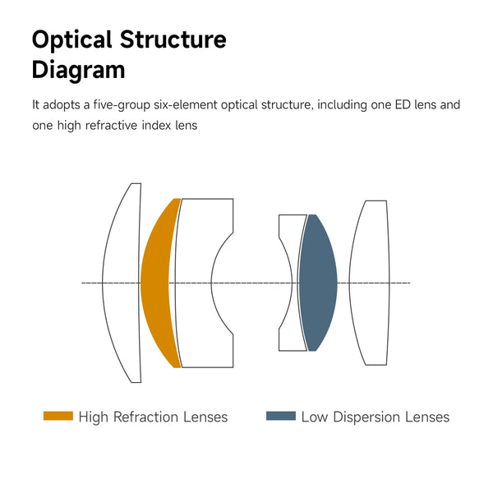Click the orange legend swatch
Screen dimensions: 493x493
coord(58,417)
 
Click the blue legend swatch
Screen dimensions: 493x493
coord(281,417)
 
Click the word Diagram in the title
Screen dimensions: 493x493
coord(79,70)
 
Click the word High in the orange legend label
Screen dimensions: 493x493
coord(94,417)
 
